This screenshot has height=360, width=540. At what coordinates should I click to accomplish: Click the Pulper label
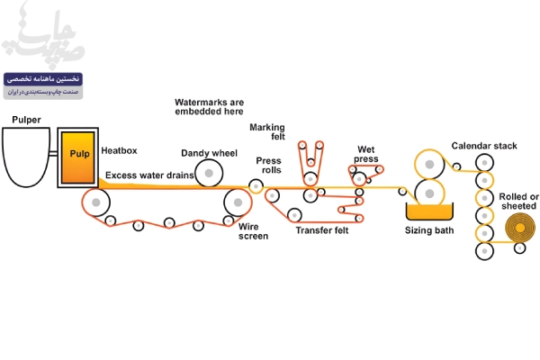(26, 120)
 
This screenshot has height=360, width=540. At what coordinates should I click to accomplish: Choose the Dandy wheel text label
(209, 153)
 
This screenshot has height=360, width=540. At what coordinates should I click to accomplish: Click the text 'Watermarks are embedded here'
(209, 108)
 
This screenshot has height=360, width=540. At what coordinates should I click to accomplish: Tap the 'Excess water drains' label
(149, 175)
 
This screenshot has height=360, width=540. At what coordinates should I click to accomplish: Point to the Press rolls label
(268, 166)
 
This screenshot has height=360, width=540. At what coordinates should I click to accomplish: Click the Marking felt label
(267, 131)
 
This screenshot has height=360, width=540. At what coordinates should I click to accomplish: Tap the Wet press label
(366, 154)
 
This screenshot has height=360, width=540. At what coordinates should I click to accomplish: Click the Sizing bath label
(428, 231)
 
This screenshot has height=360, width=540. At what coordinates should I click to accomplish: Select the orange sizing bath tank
(428, 211)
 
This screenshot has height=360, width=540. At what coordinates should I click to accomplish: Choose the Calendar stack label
(484, 146)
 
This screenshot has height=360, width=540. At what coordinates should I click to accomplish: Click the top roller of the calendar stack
(486, 164)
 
